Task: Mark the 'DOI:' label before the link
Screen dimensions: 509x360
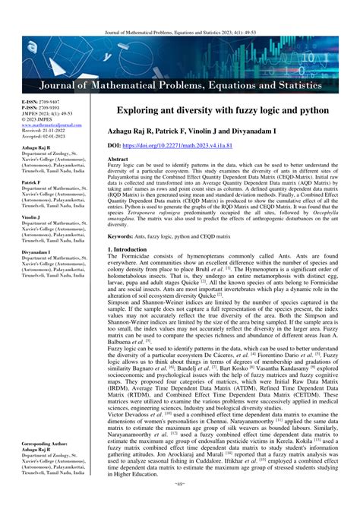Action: (x=115, y=144)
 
